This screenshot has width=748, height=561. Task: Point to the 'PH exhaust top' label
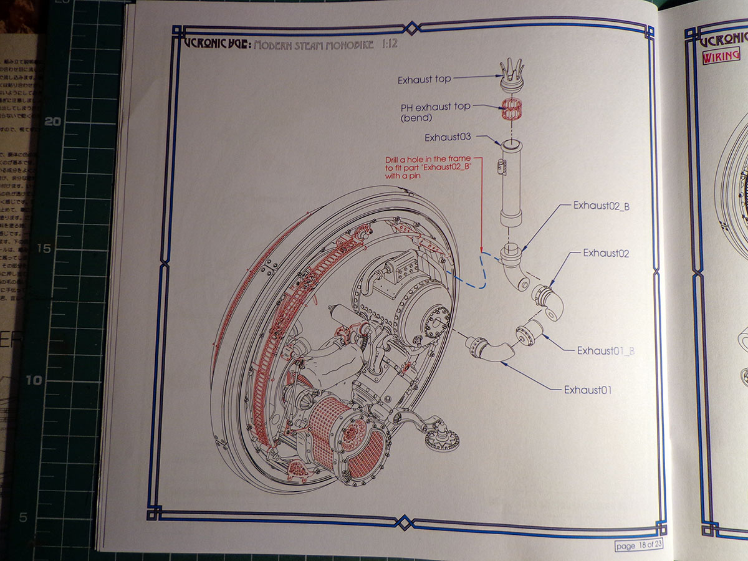pos(436,107)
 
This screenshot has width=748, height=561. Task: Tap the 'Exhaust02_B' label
pos(601,205)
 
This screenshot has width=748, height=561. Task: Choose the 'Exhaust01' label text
pos(588,390)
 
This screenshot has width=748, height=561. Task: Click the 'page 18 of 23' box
pos(638,545)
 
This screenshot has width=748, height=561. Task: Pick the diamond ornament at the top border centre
pos(411,27)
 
